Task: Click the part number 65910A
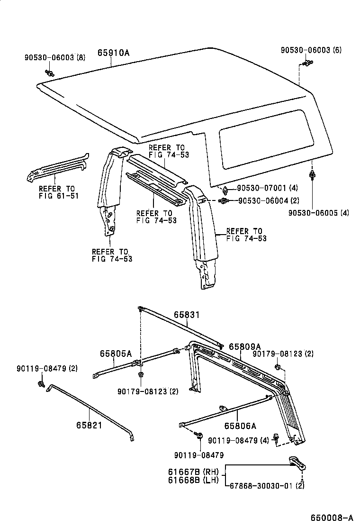tap(114, 53)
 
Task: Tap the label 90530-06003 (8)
tap(55, 57)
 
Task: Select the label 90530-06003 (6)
tap(311, 50)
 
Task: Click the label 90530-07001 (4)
tap(267, 188)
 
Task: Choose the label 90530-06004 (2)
tap(269, 200)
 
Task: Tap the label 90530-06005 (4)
tap(319, 213)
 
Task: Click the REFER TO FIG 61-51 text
tap(58, 192)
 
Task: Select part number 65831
tap(186, 315)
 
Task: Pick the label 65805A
tap(116, 354)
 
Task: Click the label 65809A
tap(245, 346)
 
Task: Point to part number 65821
tap(89, 425)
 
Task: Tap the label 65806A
tap(240, 426)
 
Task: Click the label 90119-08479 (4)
tap(238, 440)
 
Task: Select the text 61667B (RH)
tap(193, 472)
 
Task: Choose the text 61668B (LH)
tap(193, 480)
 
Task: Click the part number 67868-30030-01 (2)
tap(267, 486)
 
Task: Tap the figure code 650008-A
tap(332, 518)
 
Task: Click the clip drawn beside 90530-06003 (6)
tap(307, 63)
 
